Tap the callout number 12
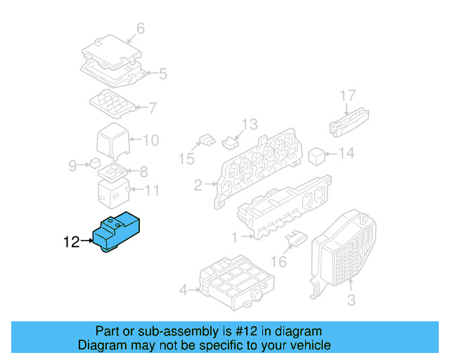pyautogui.click(x=71, y=243)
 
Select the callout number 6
pyautogui.click(x=140, y=29)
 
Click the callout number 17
pyautogui.click(x=349, y=95)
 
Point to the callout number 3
pyautogui.click(x=351, y=301)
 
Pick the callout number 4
pyautogui.click(x=183, y=290)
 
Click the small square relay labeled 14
pyautogui.click(x=318, y=154)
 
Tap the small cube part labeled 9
pyautogui.click(x=94, y=164)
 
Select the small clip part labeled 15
pyautogui.click(x=206, y=139)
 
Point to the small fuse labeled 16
pyautogui.click(x=295, y=240)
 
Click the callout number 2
pyautogui.click(x=198, y=186)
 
